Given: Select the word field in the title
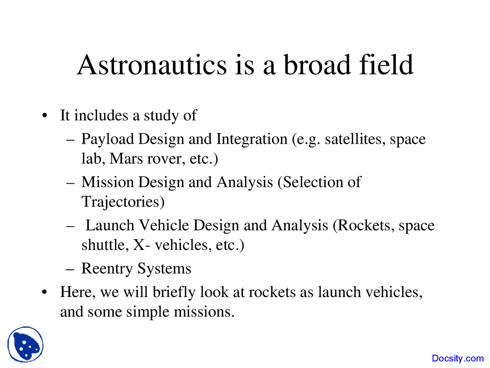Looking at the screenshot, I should (386, 65).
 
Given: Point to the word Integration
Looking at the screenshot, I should (252, 139).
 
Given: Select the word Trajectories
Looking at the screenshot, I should (123, 202).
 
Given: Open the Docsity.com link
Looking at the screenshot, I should (457, 358).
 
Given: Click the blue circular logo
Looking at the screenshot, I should (25, 344).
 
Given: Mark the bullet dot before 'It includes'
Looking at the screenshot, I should (45, 116).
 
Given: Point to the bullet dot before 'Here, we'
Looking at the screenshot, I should (45, 292).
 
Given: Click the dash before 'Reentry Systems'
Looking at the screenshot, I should (70, 269).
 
